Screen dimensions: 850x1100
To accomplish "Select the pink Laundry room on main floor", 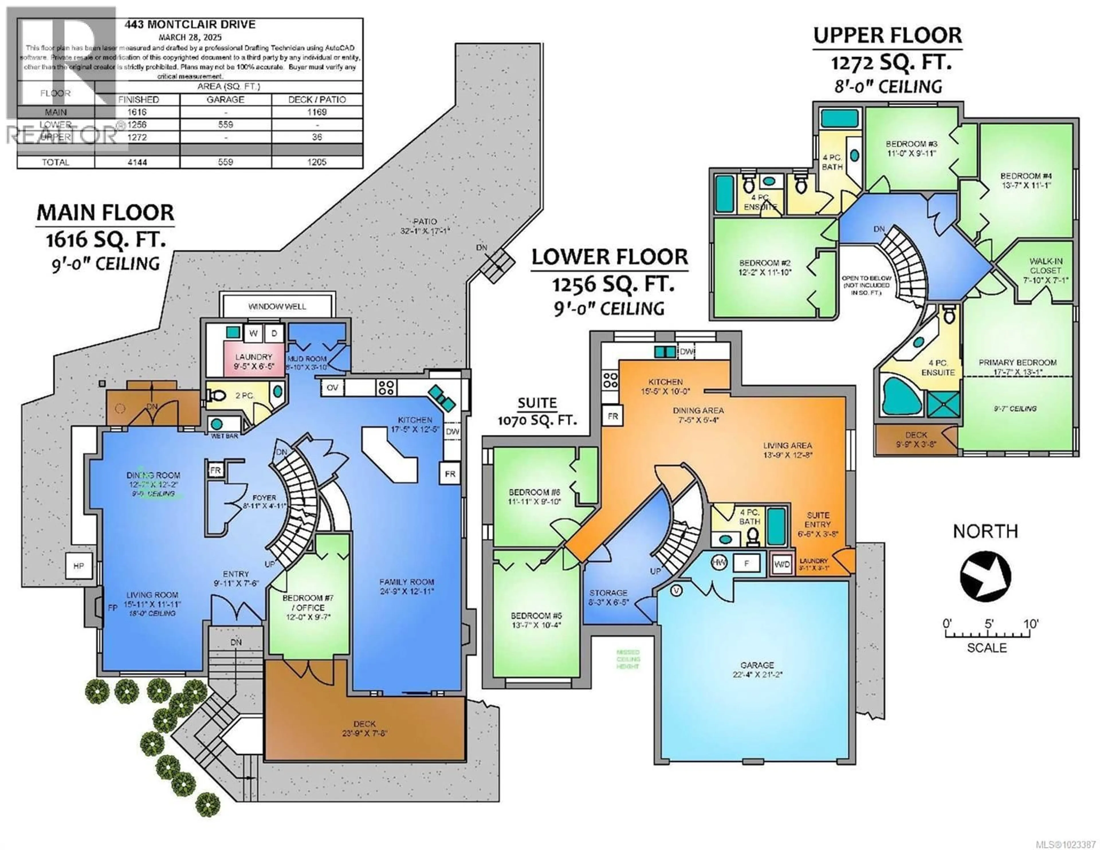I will [x=253, y=361].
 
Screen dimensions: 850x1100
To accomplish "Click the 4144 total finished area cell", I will [x=137, y=162].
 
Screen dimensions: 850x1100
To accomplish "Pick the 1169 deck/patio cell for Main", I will [x=317, y=112].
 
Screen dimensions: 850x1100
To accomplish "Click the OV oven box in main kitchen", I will [x=332, y=387].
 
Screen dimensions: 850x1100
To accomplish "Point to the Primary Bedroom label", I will [x=1017, y=367].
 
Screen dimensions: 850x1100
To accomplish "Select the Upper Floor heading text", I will [x=887, y=35].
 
